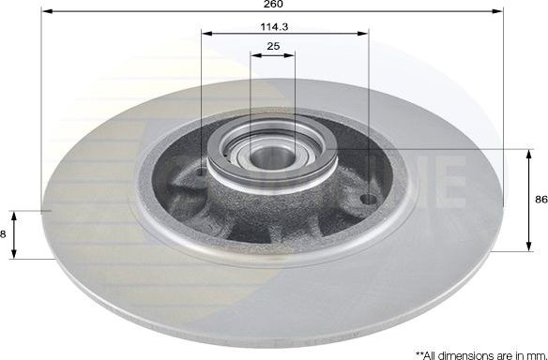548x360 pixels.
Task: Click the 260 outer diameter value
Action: tap(273, 6)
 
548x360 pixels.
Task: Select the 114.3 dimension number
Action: tap(273, 28)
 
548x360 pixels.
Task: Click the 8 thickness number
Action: tap(4, 233)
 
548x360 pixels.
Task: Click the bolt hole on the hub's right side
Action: tap(367, 200)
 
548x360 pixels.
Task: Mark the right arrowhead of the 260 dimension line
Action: tap(501, 12)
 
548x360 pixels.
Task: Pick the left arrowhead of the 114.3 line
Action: tap(205, 36)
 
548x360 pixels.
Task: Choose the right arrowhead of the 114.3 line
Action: tap(365, 36)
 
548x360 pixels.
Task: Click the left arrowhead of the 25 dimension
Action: tap(253, 54)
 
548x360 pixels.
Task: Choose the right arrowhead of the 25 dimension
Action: tap(293, 54)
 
